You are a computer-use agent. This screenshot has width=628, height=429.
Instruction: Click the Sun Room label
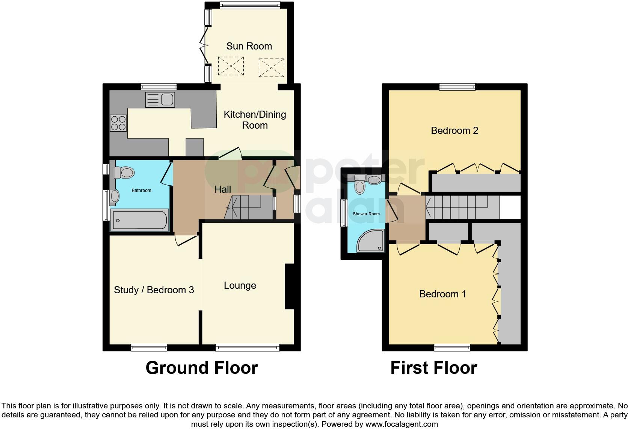249,46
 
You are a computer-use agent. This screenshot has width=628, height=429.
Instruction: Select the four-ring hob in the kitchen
118,123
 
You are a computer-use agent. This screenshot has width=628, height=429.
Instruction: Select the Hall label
223,189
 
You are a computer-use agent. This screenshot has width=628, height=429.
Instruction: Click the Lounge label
240,285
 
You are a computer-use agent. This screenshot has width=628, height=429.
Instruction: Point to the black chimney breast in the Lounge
289,286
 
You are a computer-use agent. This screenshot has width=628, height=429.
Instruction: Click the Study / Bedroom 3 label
154,290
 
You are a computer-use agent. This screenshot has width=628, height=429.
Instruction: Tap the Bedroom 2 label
454,130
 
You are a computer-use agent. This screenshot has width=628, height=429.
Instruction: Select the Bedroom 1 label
442,294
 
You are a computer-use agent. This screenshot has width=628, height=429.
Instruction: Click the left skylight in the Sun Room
231,66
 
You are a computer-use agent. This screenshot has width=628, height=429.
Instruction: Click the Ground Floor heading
202,368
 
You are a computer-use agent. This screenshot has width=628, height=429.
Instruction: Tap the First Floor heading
433,368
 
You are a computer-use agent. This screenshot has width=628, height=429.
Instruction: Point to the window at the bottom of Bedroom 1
452,348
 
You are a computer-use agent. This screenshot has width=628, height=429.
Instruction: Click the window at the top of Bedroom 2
457,87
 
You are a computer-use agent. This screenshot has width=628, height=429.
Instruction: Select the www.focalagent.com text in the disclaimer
402,424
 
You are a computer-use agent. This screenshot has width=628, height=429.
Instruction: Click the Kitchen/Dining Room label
255,120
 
